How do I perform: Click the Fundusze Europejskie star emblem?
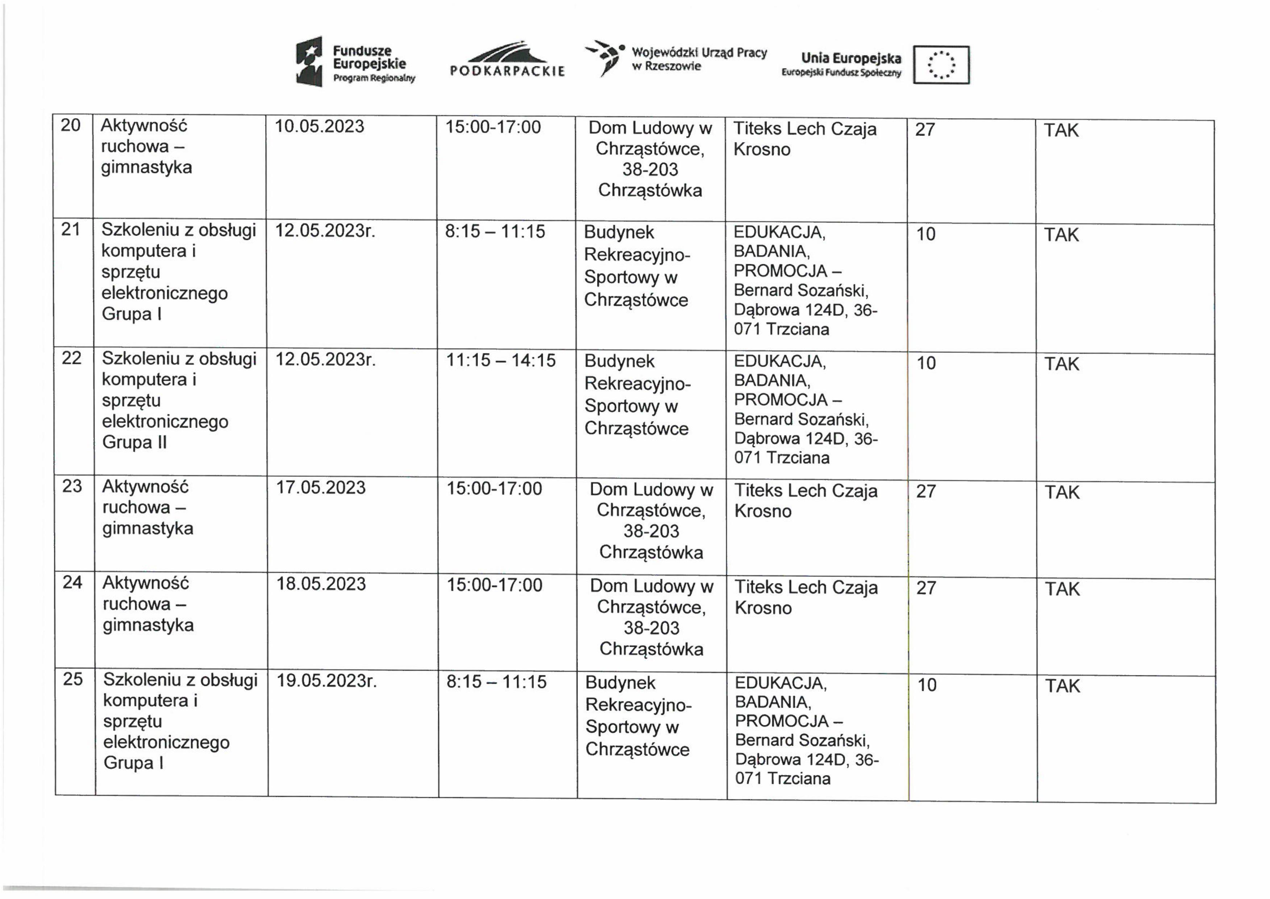309,61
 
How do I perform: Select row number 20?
71,126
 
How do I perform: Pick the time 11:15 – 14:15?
501,360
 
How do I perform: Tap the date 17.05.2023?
321,488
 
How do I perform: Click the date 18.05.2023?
321,584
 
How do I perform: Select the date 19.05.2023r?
326,681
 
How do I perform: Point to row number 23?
72,486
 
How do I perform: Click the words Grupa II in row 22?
134,442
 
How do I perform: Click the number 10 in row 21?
926,234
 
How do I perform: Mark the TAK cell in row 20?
1061,130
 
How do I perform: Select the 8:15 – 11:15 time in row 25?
496,682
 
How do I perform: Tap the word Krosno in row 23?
763,511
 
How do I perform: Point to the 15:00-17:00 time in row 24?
494,585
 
